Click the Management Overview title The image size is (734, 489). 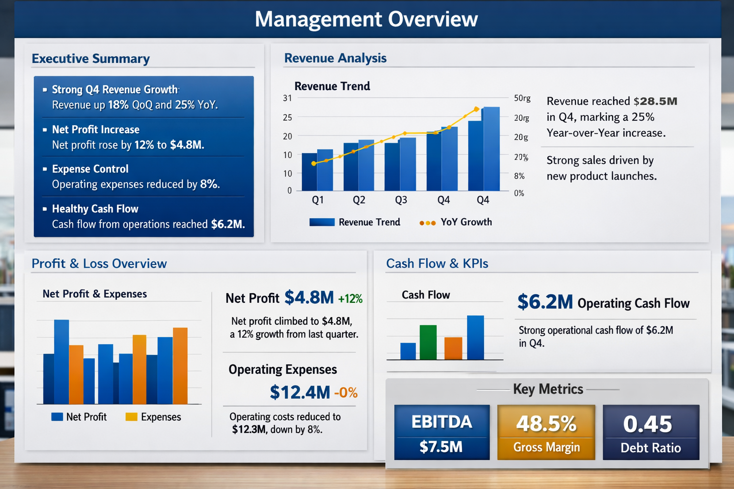pos(366,20)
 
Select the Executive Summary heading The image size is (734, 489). pos(91,59)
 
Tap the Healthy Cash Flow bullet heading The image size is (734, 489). pos(95,209)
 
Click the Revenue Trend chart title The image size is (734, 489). pos(332,86)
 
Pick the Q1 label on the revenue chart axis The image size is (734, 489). pos(318,200)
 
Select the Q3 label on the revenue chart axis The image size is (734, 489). pos(401,200)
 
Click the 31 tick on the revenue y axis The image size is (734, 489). pos(287,98)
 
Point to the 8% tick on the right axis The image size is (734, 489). pos(519,176)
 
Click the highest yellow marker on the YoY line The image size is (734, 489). pos(476,109)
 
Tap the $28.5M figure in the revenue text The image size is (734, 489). pos(655,101)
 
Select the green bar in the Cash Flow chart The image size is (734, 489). pos(428,342)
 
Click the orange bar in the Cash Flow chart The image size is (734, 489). pos(453,348)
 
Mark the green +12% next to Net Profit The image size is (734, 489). pos(350,299)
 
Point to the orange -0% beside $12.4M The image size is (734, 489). pos(346,393)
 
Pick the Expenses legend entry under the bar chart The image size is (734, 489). pos(153,417)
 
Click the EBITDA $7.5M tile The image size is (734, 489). pos(442,433)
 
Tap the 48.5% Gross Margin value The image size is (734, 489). pos(546,424)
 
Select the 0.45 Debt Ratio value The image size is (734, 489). pos(648,424)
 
